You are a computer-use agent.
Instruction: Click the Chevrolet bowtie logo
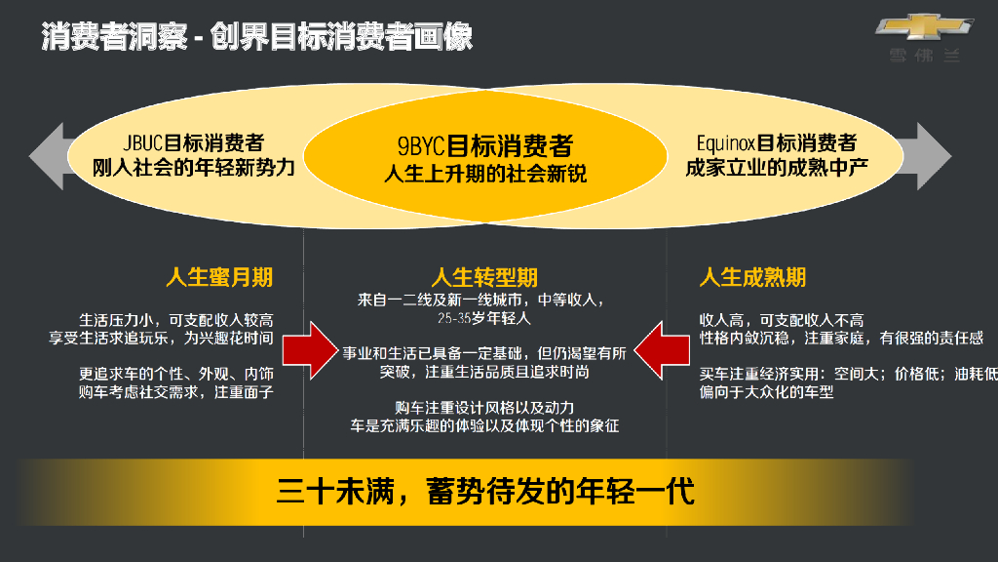923,29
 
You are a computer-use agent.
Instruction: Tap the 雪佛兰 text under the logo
924,56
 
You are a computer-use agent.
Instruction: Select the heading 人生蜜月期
219,277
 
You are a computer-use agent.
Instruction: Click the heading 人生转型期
484,277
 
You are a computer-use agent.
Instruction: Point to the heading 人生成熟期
752,277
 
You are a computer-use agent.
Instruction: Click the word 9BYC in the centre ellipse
421,146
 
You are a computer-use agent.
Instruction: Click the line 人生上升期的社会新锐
485,176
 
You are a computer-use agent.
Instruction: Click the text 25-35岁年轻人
484,318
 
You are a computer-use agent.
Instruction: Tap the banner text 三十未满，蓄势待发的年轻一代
485,491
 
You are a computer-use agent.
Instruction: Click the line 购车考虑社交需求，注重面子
176,392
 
